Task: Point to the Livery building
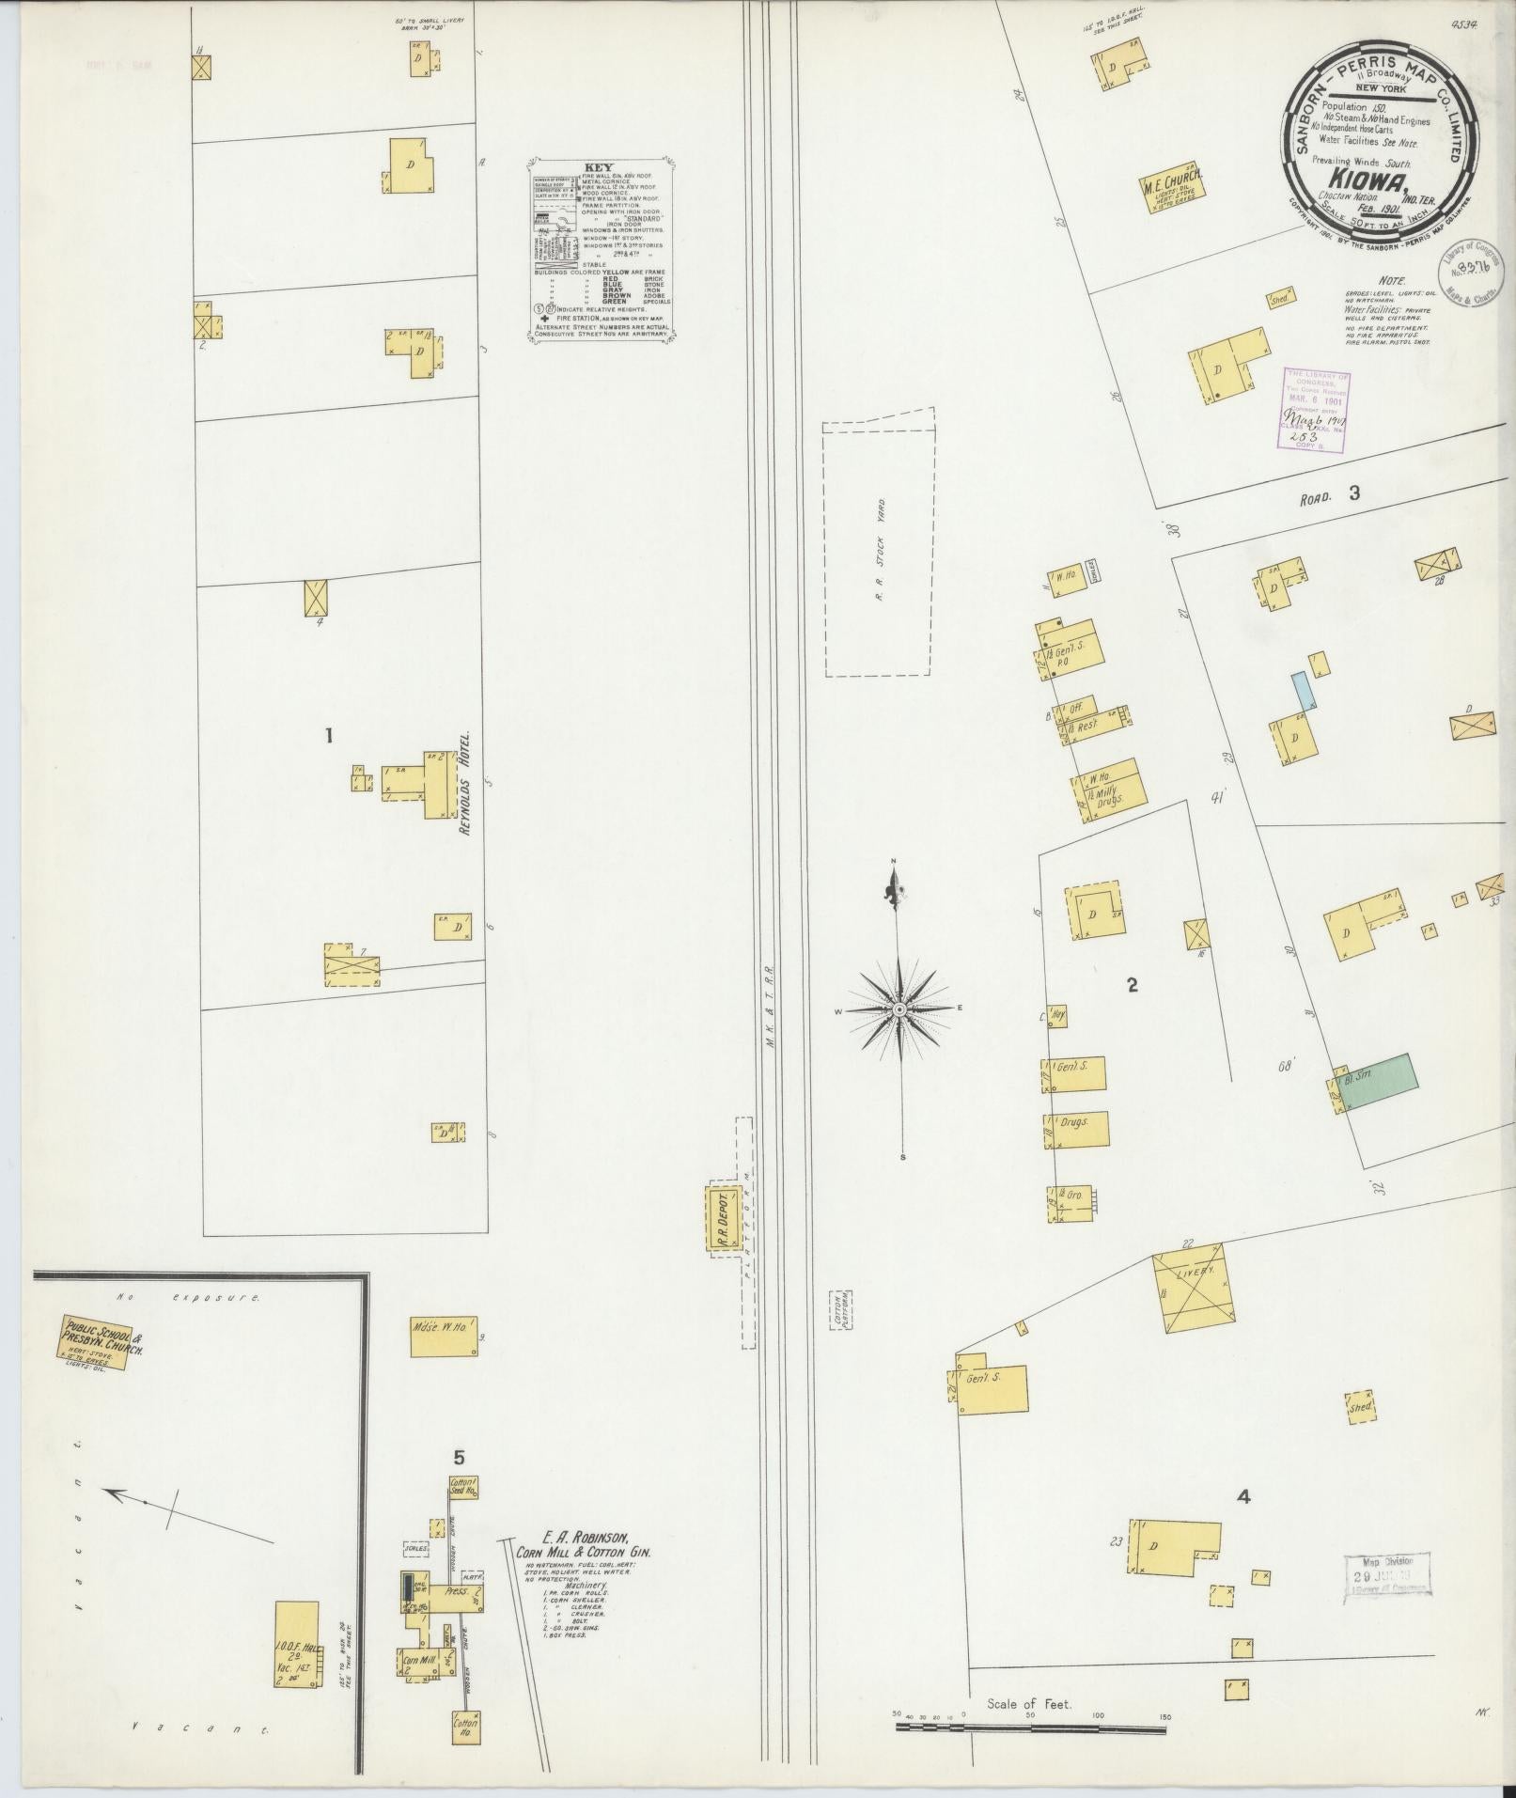[1196, 1290]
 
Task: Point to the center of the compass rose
[899, 1008]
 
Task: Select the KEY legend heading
[598, 167]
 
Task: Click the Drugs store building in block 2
[1075, 1124]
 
